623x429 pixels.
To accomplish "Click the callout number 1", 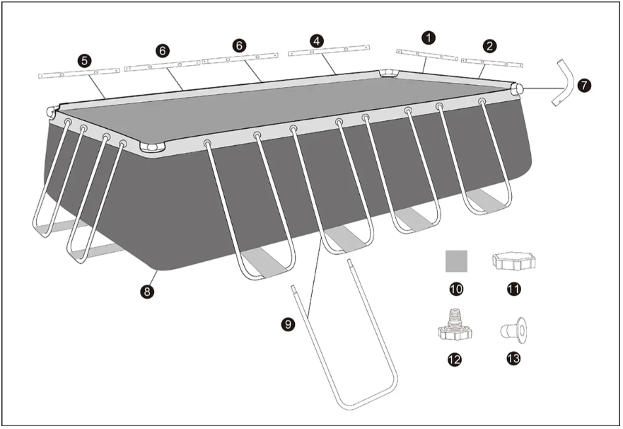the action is [429, 38].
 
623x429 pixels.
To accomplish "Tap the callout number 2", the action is [489, 46].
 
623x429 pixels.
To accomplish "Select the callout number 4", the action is [317, 40].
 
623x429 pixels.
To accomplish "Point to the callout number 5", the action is [85, 61].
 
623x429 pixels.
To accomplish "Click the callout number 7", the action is [584, 86].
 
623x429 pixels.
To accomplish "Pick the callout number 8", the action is [147, 292].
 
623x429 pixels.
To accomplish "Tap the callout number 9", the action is [288, 324].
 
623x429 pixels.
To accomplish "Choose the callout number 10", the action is [457, 289].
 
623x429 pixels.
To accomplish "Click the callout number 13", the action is [513, 359].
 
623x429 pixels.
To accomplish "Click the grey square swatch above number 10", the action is [457, 261].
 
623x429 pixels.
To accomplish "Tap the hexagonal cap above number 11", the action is [513, 262].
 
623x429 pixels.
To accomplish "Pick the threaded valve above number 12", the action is [455, 327].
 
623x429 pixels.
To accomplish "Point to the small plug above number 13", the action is [513, 330].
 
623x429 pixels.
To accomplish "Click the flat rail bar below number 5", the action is [79, 74].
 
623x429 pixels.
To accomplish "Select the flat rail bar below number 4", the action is [329, 50].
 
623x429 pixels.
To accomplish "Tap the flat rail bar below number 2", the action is [492, 62].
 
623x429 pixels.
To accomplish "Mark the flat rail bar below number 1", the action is [427, 55].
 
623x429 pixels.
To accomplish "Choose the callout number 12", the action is [455, 360].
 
